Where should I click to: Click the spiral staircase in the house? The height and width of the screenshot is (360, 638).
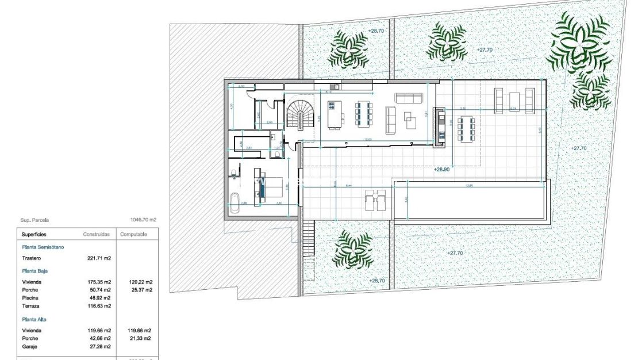pyautogui.click(x=298, y=113)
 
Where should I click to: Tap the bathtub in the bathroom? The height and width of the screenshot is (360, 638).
pyautogui.click(x=234, y=203)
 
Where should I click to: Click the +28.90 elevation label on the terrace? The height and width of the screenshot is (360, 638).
pyautogui.click(x=441, y=170)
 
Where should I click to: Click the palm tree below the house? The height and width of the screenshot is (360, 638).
pyautogui.click(x=353, y=249)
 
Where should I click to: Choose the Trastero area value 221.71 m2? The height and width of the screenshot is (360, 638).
pyautogui.click(x=100, y=258)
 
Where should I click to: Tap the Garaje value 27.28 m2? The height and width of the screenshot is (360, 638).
pyautogui.click(x=100, y=347)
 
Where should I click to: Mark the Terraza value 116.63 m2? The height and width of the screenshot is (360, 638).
pyautogui.click(x=100, y=306)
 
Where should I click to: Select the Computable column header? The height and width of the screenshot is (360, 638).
pyautogui.click(x=133, y=235)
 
